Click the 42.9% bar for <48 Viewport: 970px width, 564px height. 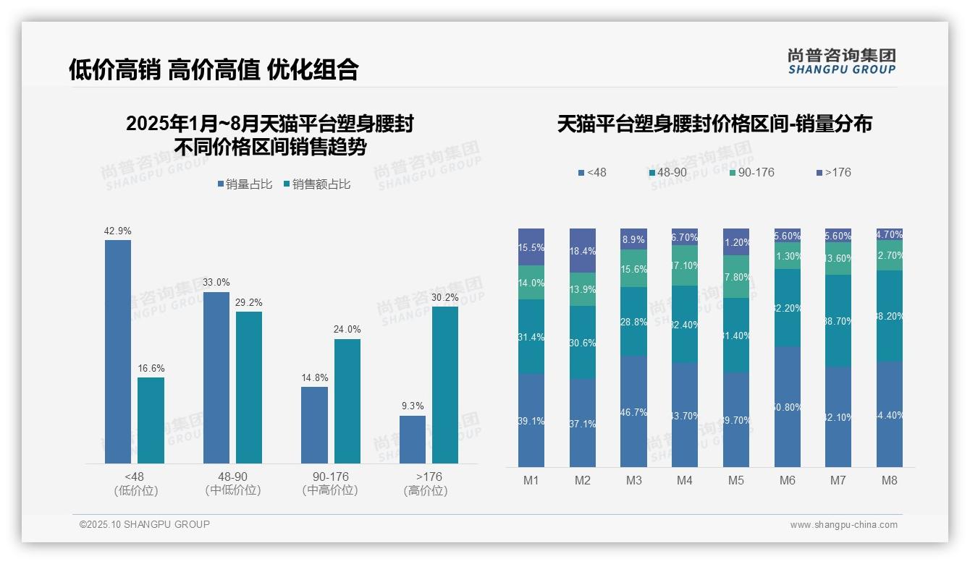click(118, 351)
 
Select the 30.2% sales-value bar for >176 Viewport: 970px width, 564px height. click(445, 385)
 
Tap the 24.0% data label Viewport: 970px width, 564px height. click(347, 329)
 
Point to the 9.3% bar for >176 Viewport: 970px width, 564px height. click(413, 439)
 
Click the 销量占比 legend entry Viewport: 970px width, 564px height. click(245, 184)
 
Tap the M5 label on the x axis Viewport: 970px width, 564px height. click(736, 480)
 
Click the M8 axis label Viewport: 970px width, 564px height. click(890, 480)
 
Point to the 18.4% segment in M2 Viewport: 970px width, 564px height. click(583, 250)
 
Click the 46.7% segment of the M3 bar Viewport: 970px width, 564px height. click(634, 411)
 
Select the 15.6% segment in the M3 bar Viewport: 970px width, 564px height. click(634, 268)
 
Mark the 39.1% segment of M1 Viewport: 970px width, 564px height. click(531, 420)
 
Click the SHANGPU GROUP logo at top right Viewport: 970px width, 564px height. click(841, 61)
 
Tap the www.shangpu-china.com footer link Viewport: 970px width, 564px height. click(843, 525)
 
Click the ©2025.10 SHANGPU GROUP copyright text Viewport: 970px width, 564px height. click(145, 524)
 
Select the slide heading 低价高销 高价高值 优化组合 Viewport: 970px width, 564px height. click(214, 69)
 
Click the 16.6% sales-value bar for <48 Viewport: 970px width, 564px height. click(151, 420)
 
